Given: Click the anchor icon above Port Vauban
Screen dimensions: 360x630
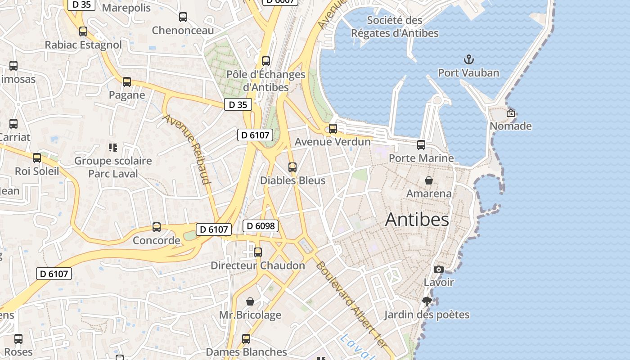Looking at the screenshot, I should pyautogui.click(x=469, y=59).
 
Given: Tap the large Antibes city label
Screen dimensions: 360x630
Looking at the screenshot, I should pyautogui.click(x=417, y=220).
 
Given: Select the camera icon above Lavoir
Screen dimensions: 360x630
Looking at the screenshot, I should pyautogui.click(x=438, y=269).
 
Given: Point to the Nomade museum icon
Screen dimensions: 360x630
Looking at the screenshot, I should pyautogui.click(x=510, y=113).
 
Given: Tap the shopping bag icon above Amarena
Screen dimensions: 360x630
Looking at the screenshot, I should pyautogui.click(x=429, y=180).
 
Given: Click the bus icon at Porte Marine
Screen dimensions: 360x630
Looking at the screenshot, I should pyautogui.click(x=421, y=145).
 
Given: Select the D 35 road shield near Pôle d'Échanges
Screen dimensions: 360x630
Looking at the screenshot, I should pyautogui.click(x=238, y=105).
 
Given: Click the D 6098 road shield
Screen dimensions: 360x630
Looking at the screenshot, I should pyautogui.click(x=261, y=226).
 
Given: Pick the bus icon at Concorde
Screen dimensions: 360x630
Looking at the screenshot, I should pyautogui.click(x=157, y=227).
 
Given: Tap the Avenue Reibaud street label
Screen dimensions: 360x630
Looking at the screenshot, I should pyautogui.click(x=187, y=149).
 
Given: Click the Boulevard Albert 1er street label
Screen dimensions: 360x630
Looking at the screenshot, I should pyautogui.click(x=351, y=304).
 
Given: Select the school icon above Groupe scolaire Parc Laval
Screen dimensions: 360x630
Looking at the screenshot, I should pyautogui.click(x=113, y=147).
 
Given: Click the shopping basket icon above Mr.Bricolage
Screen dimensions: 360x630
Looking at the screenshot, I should pyautogui.click(x=250, y=301).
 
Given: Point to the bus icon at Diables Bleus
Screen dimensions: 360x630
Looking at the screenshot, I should pyautogui.click(x=292, y=167).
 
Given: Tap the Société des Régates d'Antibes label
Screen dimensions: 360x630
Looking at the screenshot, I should pyautogui.click(x=395, y=27).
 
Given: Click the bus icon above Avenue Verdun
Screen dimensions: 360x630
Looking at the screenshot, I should pyautogui.click(x=333, y=129).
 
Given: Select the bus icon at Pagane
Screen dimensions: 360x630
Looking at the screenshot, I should pyautogui.click(x=127, y=82).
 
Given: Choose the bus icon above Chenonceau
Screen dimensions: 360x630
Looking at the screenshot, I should pyautogui.click(x=183, y=17).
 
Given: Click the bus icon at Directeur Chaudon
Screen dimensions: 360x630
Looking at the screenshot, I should pyautogui.click(x=258, y=252).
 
